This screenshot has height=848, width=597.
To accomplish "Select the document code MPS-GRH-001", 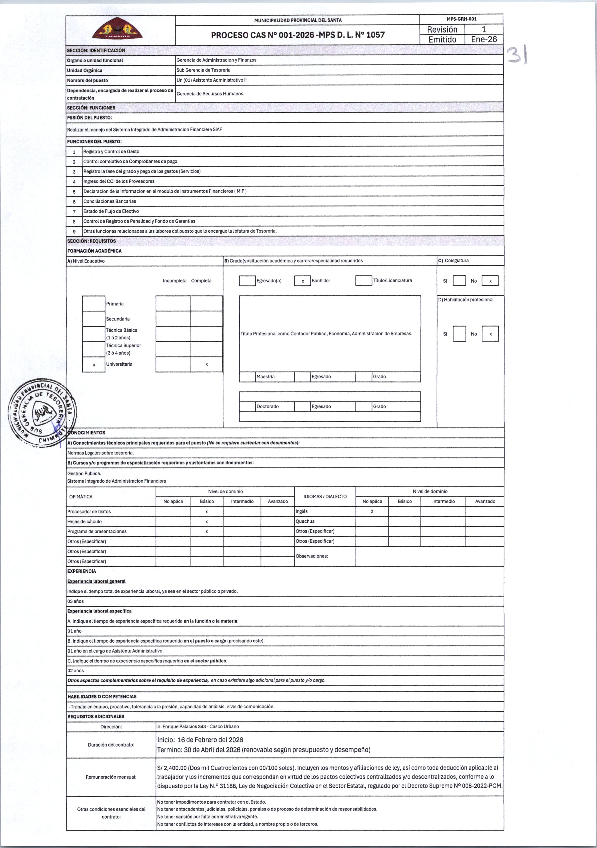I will [x=461, y=19].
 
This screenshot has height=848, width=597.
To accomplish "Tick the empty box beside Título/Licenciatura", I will [x=364, y=281].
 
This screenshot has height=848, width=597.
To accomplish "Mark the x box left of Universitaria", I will [x=94, y=364].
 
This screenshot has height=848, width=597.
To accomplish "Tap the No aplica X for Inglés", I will [x=372, y=512].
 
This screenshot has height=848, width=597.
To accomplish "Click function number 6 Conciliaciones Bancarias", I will [x=110, y=201].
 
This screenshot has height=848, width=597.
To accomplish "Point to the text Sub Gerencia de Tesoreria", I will [x=204, y=70].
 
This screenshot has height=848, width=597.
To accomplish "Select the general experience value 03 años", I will [x=76, y=601].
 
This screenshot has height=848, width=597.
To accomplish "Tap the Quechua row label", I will [x=305, y=521].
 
